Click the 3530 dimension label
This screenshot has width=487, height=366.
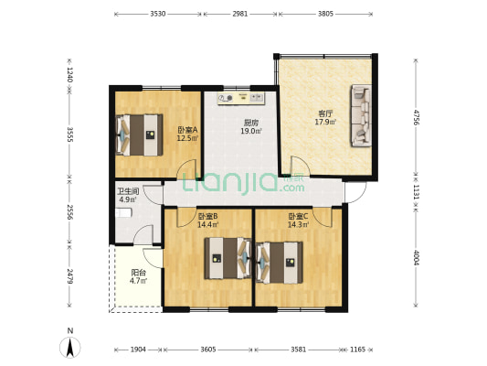pos(158,14)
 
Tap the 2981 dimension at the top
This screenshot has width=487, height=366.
pos(240,14)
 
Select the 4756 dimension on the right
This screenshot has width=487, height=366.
pos(416,116)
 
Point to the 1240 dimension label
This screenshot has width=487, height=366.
pos(69,75)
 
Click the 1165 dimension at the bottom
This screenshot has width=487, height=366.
pos(357,350)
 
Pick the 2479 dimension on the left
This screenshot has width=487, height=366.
pos(69,276)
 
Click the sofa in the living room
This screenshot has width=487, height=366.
pos(361,115)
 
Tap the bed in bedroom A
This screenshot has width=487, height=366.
pos(140,135)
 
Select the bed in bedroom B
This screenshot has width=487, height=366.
pos(228,258)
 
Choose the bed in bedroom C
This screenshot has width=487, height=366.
pos(280,263)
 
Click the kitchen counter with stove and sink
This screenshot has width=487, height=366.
pos(241,98)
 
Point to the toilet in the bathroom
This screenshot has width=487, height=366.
pos(124,212)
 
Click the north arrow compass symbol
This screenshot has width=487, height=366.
pos(70,348)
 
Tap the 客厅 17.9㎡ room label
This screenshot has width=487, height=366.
pos(325,118)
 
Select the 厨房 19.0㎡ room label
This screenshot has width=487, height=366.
pos(251,127)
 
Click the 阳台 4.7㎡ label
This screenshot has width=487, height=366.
pos(138,276)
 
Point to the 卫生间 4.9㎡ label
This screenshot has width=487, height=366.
pos(128,195)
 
